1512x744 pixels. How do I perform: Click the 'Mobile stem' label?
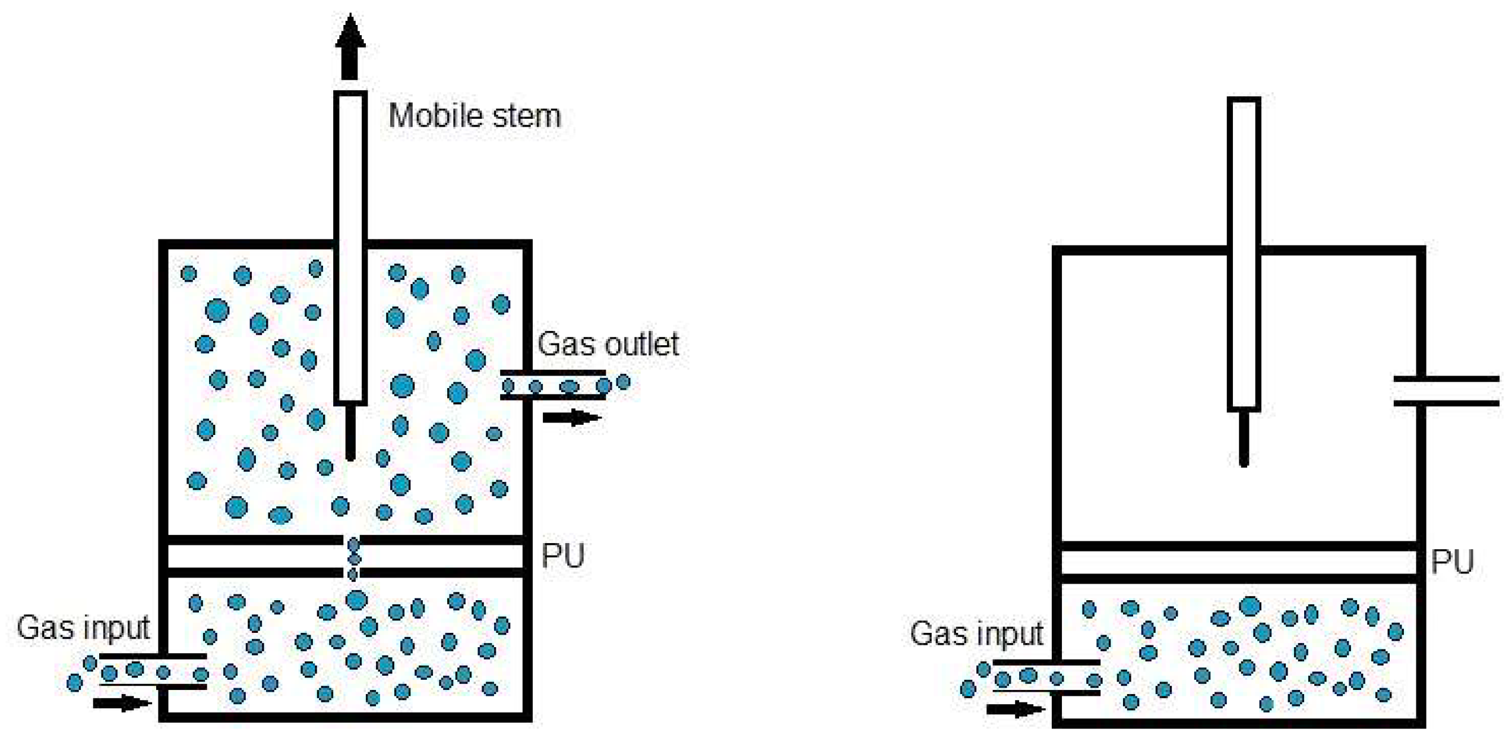click(474, 115)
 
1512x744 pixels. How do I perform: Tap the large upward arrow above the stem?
click(350, 48)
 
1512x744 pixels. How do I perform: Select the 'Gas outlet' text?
click(608, 344)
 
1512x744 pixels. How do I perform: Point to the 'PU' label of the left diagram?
click(562, 556)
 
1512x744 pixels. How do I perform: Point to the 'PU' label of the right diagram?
click(1452, 562)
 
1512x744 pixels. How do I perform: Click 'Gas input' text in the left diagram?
click(83, 628)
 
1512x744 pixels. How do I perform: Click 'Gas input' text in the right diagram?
click(976, 633)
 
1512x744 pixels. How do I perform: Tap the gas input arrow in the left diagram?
click(122, 704)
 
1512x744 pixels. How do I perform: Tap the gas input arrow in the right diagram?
click(1015, 709)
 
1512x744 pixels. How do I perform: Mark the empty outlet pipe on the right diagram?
click(1446, 391)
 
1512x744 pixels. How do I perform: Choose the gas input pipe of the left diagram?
click(153, 672)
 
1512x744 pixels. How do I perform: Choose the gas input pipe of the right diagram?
click(1046, 677)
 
